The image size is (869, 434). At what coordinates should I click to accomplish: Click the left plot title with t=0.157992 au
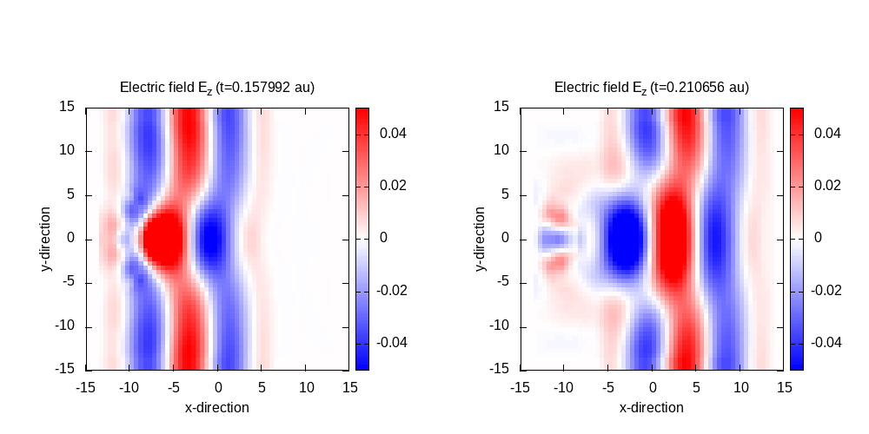click(217, 88)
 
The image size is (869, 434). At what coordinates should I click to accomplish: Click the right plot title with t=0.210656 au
click(652, 88)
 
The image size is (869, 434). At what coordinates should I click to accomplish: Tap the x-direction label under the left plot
click(217, 408)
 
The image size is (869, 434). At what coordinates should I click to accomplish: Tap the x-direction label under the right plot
click(652, 408)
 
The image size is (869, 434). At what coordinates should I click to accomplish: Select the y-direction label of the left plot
click(45, 240)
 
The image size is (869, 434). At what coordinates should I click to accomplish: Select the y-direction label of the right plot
click(480, 240)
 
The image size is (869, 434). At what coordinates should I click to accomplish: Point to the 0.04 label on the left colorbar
click(393, 134)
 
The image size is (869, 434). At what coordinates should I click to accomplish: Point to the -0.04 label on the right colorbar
click(826, 343)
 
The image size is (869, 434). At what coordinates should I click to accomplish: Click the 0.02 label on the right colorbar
click(827, 186)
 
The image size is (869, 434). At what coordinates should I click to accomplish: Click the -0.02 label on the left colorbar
click(391, 291)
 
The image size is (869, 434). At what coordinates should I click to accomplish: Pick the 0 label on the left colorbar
click(383, 238)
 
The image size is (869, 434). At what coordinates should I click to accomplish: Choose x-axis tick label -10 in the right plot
click(562, 386)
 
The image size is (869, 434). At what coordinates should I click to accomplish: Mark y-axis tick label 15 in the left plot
click(67, 108)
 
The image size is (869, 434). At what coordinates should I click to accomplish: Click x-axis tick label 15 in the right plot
click(784, 386)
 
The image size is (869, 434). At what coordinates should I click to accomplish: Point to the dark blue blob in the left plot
click(211, 240)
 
